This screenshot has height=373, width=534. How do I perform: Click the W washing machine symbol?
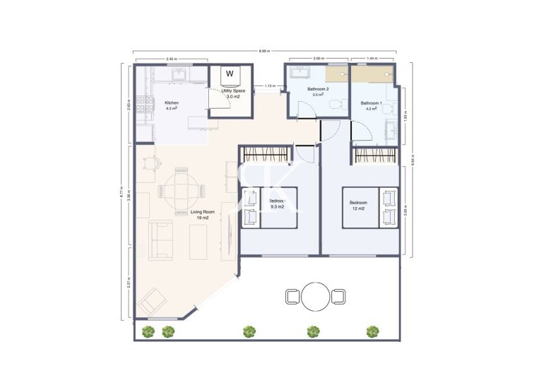230,73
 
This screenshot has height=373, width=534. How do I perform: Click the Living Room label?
202,214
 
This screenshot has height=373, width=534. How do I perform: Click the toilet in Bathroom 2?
340,105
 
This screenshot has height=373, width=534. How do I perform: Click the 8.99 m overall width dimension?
263,52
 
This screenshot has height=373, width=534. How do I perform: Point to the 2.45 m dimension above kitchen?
170,59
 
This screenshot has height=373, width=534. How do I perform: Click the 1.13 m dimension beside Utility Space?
269,86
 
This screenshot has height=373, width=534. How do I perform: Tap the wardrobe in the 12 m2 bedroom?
374,155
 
